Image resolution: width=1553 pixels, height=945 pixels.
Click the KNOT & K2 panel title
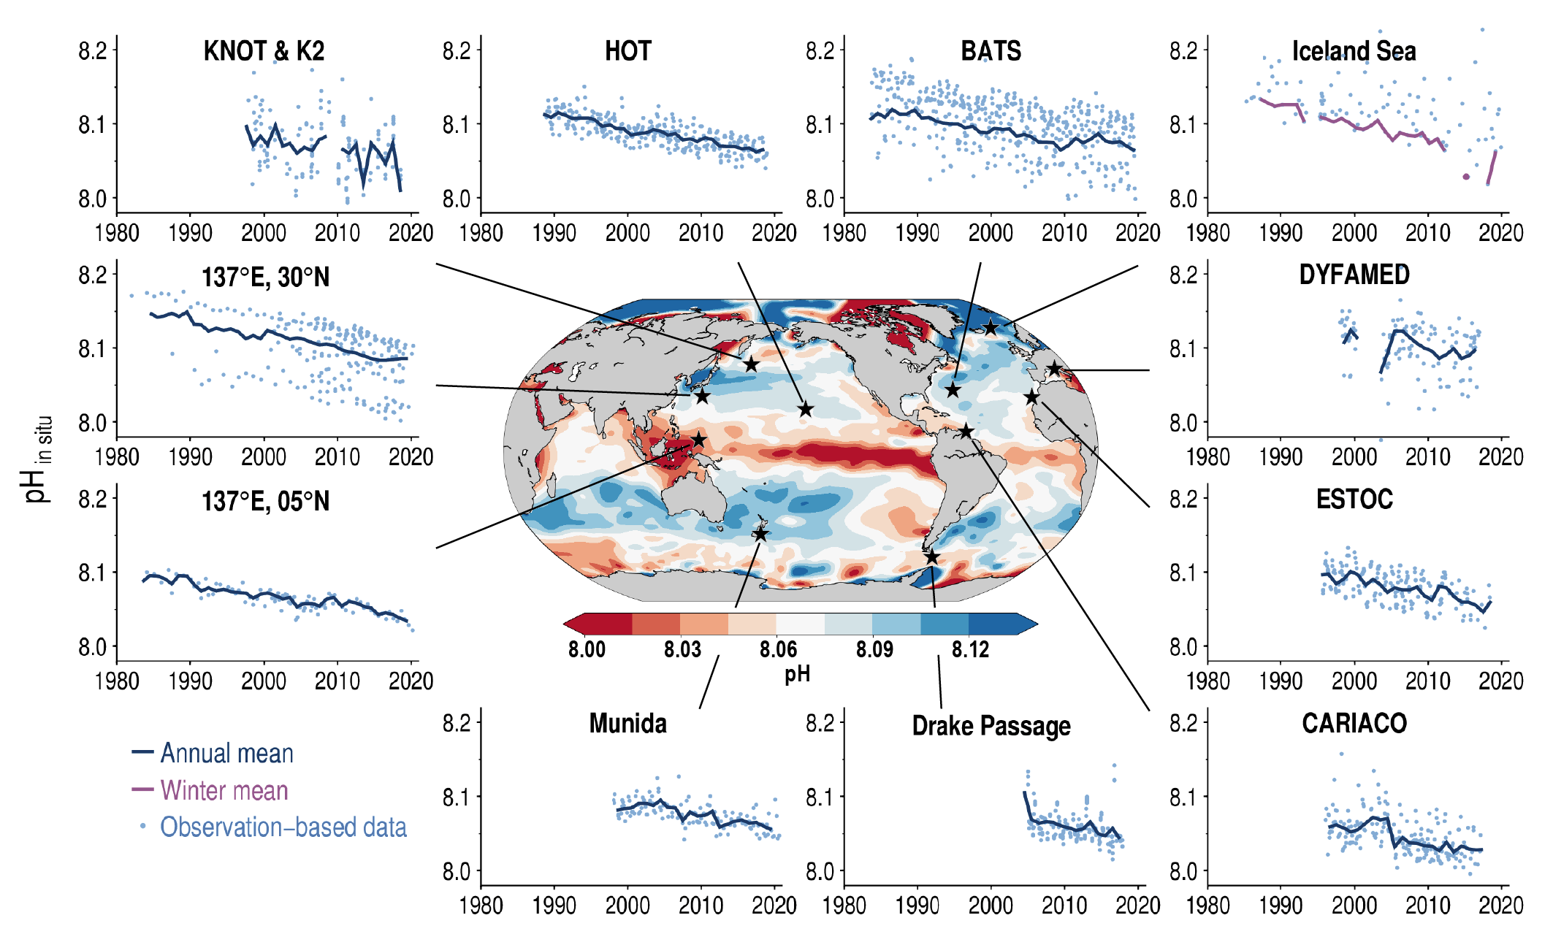[x=264, y=51]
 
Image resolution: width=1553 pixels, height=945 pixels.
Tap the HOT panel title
[x=627, y=51]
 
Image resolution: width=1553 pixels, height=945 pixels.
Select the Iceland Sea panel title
[x=1354, y=51]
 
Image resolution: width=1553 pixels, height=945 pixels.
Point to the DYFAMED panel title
[x=1354, y=275]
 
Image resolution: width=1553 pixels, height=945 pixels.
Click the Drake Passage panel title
[x=991, y=726]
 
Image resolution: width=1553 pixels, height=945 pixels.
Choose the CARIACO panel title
[x=1354, y=723]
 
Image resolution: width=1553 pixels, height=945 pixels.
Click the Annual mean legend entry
[x=226, y=753]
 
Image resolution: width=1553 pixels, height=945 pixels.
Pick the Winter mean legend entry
[x=224, y=790]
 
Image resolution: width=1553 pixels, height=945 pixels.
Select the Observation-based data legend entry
[x=283, y=827]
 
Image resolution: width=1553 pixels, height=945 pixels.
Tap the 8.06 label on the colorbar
[x=778, y=649]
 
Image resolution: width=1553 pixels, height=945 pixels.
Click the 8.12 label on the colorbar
[x=970, y=649]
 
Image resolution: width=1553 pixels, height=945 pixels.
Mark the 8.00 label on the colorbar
[x=587, y=649]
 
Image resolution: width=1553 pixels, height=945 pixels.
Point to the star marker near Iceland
[x=990, y=328]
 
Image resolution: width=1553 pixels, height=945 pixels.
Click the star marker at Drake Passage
[x=931, y=558]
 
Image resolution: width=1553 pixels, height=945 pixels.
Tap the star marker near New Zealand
[x=760, y=535]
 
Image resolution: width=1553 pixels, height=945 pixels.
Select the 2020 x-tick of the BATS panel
[x=1137, y=233]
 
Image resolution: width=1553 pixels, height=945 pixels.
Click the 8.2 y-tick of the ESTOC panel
[x=1183, y=500]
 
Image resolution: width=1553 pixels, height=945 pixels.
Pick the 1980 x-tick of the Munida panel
[x=481, y=906]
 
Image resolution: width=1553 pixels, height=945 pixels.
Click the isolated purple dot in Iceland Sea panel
[x=1466, y=177]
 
